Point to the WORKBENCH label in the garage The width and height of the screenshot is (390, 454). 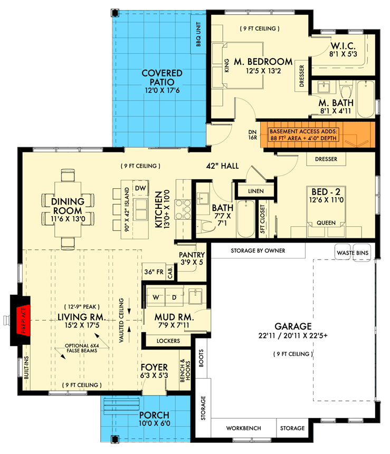[x=243, y=428]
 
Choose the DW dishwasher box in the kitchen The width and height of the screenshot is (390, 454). [x=140, y=188]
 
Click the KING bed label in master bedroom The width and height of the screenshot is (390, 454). [x=227, y=66]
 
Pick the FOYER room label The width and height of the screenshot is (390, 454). [x=154, y=367]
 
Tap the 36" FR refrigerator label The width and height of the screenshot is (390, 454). [x=154, y=272]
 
